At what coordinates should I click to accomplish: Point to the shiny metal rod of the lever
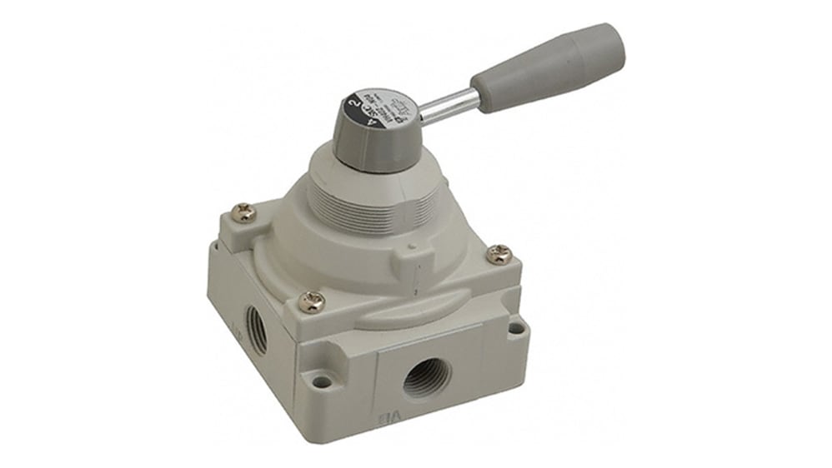(x=449, y=107)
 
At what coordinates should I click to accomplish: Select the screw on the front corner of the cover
(x=313, y=301)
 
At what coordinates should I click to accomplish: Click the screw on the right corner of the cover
(x=499, y=254)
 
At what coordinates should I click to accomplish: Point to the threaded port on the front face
(x=427, y=380)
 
